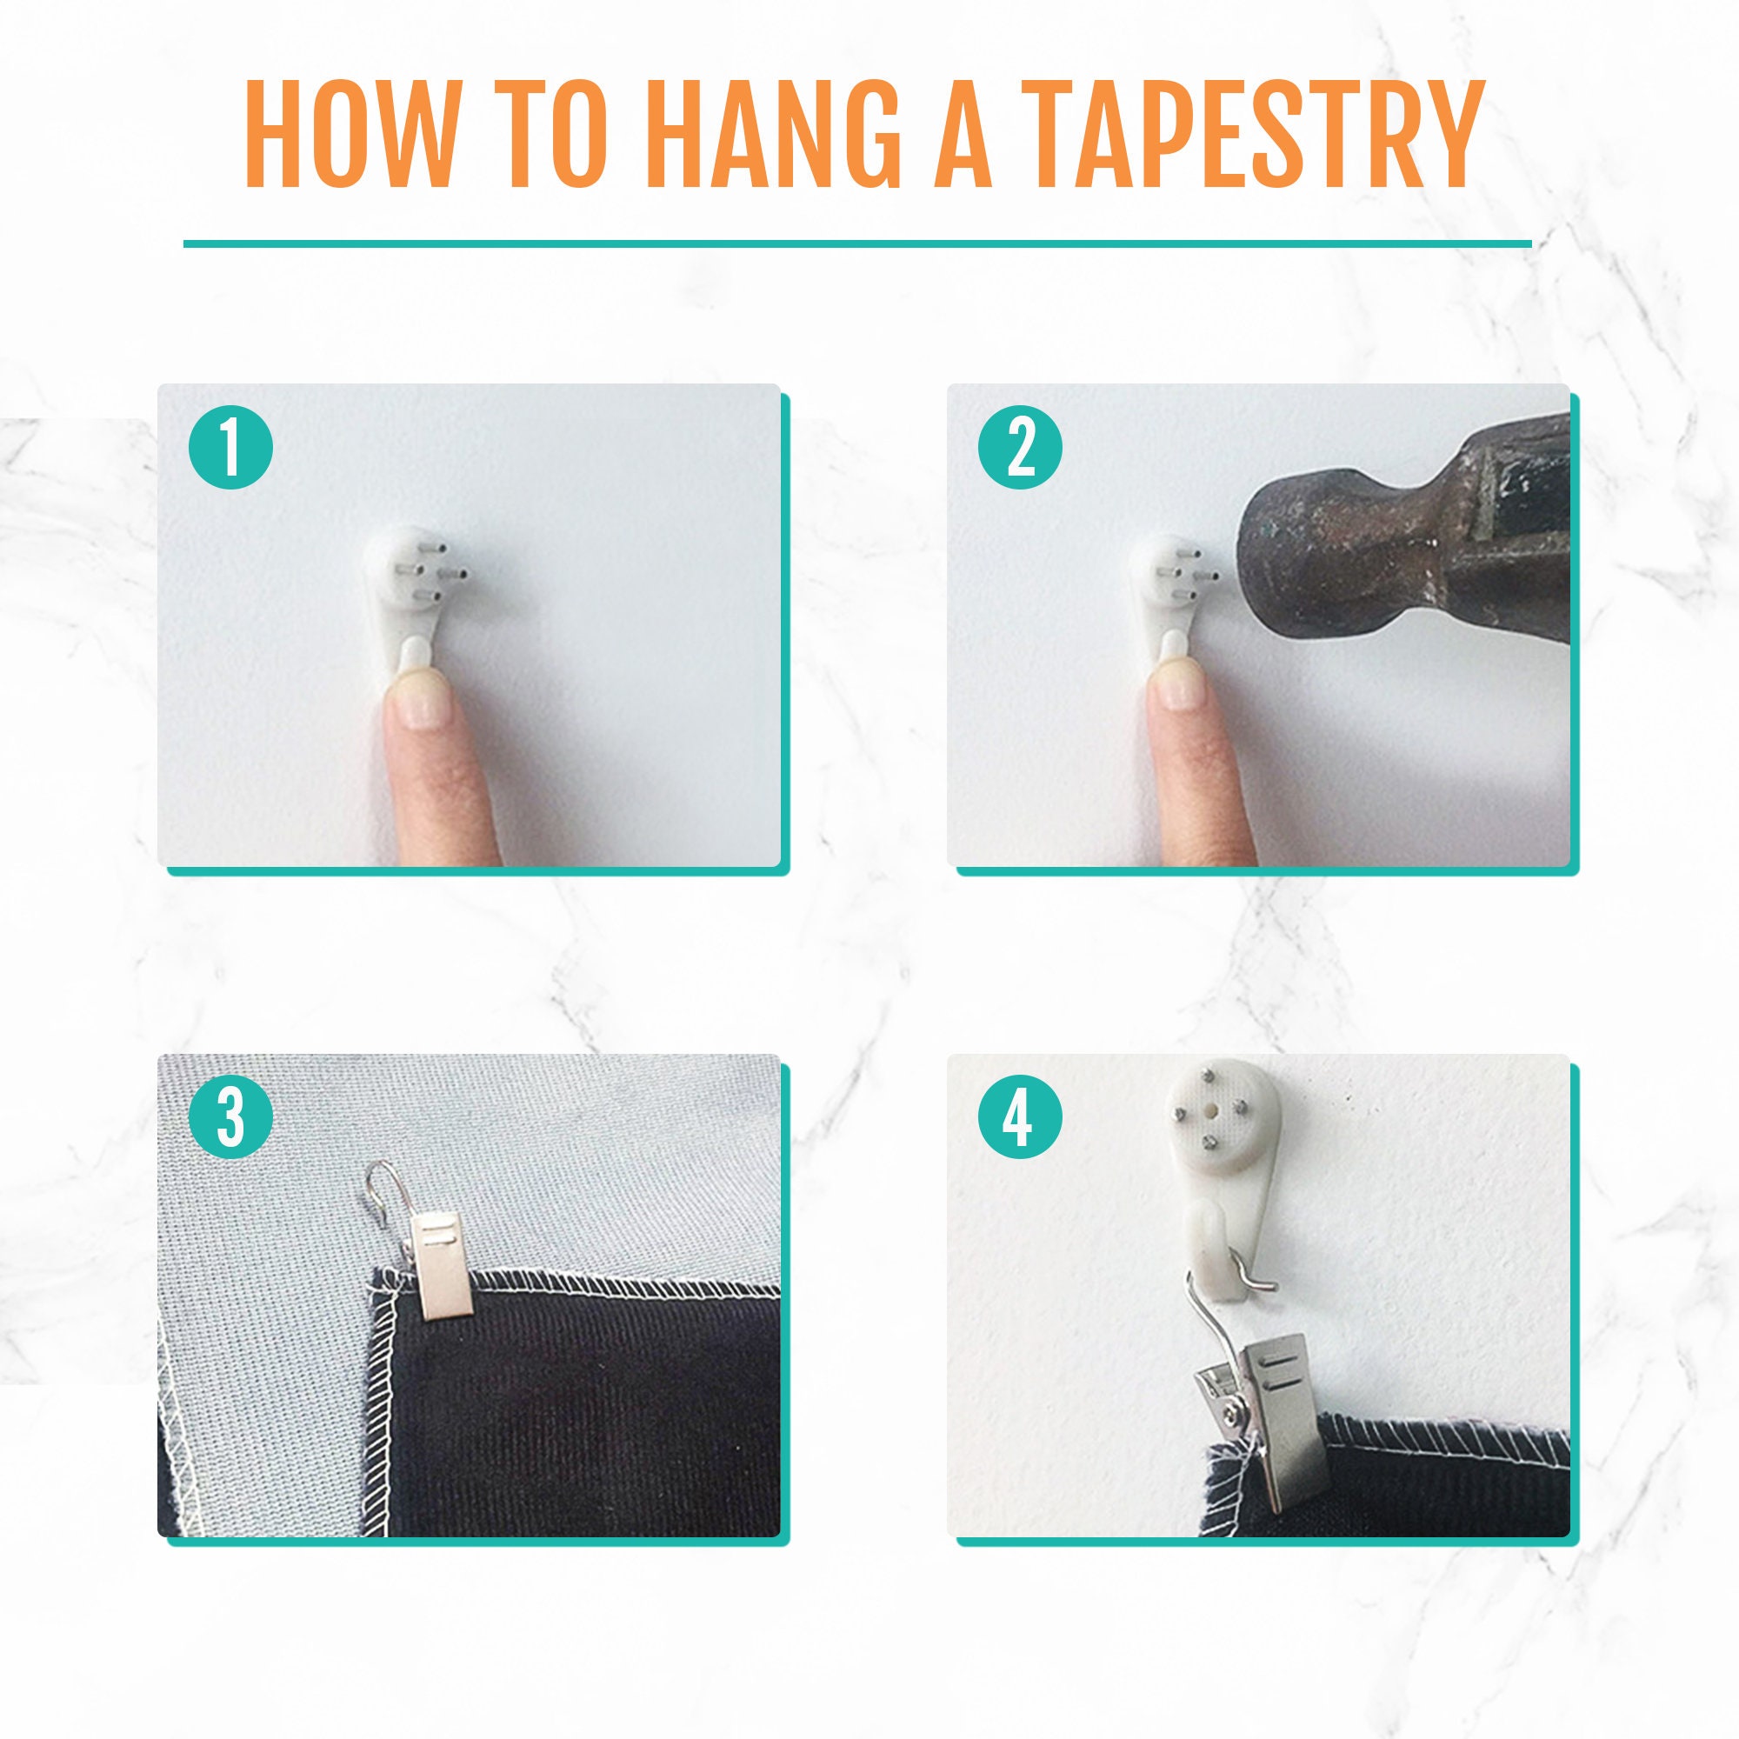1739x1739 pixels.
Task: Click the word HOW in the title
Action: (x=350, y=134)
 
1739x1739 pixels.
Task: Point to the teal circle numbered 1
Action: (x=230, y=447)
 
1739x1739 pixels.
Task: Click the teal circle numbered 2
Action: (x=1021, y=447)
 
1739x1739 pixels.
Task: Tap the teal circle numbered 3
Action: (x=230, y=1117)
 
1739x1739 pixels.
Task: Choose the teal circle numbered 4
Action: (x=1021, y=1117)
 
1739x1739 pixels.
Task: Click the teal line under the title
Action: (x=857, y=244)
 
